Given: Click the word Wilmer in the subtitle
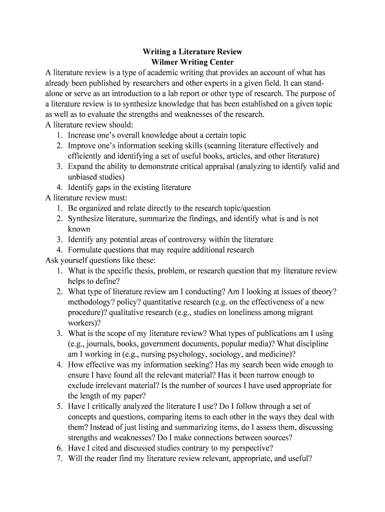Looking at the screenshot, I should (x=163, y=62).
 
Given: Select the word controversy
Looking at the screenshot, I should (x=191, y=239).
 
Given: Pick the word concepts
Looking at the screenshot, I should (x=83, y=416).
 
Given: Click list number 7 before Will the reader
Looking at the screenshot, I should (x=59, y=458).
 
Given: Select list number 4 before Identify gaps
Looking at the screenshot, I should (x=59, y=187).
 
